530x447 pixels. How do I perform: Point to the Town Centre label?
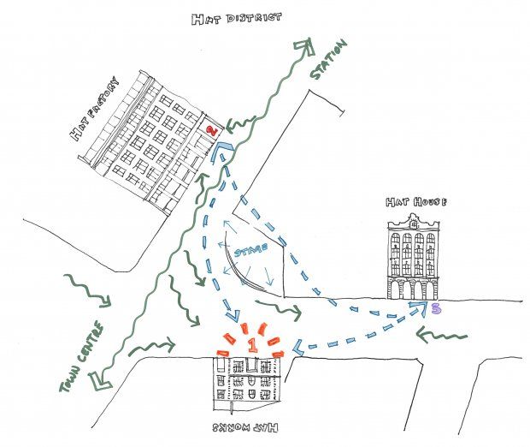click(x=83, y=357)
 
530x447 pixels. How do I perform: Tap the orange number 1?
click(x=252, y=344)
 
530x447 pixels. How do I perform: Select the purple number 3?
click(x=435, y=309)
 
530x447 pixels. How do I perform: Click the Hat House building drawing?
click(x=413, y=257)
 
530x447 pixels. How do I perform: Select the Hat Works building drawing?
click(x=250, y=380)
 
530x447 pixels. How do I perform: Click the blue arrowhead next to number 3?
click(x=416, y=307)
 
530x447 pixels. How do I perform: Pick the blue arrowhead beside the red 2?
click(x=221, y=152)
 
